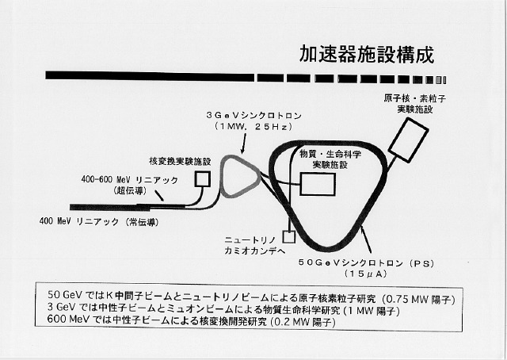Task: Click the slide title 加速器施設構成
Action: coord(366,55)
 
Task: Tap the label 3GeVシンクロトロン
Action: coord(253,116)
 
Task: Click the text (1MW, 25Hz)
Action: coord(253,127)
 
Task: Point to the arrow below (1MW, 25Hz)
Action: coord(243,144)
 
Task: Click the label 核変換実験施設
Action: coord(180,162)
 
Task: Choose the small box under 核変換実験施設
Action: coord(203,179)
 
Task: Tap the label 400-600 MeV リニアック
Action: coord(129,180)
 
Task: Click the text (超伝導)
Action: coord(130,190)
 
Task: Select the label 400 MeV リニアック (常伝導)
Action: coord(99,222)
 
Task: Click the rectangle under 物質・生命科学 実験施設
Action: coord(318,184)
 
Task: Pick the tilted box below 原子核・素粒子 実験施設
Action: coord(408,140)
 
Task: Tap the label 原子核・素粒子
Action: coord(415,98)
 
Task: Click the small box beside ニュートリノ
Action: coord(289,236)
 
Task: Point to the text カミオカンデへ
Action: coord(255,251)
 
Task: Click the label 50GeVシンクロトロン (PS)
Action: coord(366,263)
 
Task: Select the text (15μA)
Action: coord(366,274)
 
